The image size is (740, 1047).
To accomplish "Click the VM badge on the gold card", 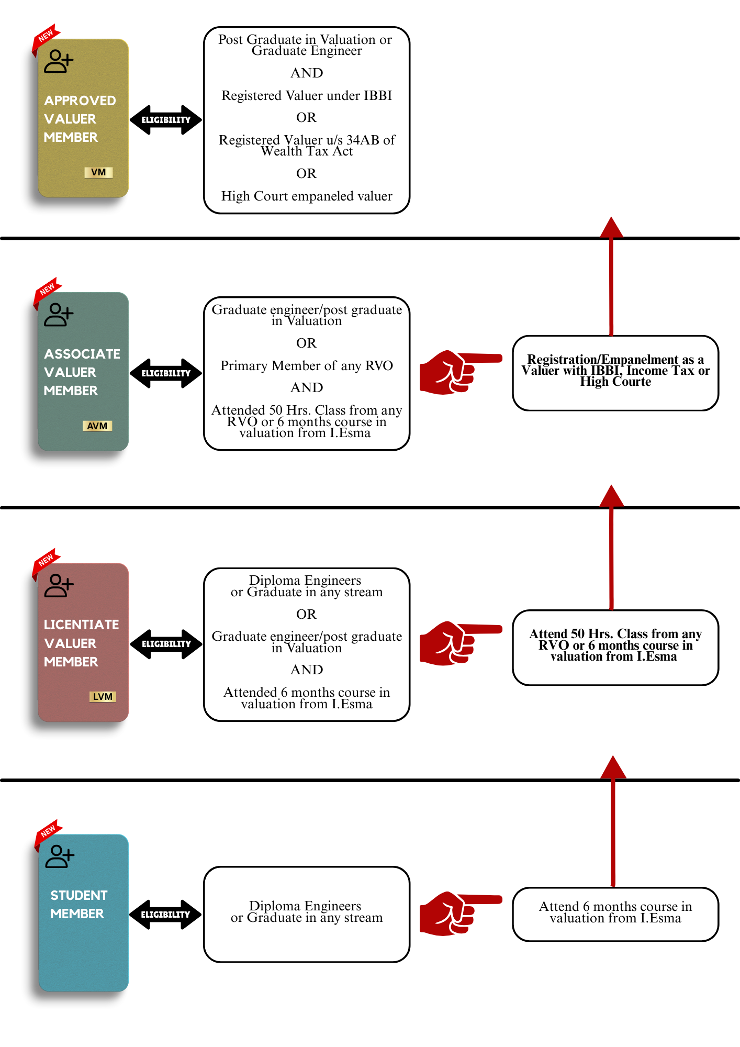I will (x=98, y=172).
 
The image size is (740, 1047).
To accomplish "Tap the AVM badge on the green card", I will (x=97, y=426).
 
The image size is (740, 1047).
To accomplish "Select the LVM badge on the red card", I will (x=103, y=697).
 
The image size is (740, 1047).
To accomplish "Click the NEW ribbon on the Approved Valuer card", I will (x=46, y=36).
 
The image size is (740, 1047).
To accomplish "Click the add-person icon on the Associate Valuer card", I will (x=59, y=315).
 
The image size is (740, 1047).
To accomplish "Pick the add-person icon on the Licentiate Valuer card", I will (x=59, y=586).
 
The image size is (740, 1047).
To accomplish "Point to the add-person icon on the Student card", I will (x=60, y=856).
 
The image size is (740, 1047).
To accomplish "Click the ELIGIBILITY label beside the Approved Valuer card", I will (x=166, y=120).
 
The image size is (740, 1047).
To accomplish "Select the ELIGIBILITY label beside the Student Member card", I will (x=165, y=915).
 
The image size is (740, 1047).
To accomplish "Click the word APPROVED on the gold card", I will (x=80, y=101).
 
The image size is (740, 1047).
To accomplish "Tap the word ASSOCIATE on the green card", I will (x=82, y=354).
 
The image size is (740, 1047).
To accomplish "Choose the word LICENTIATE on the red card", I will (x=82, y=625).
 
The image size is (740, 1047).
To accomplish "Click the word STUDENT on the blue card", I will (x=79, y=895).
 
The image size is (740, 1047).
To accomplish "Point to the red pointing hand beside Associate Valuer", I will (x=455, y=372).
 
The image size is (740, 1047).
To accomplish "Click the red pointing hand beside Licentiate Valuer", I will (x=455, y=643).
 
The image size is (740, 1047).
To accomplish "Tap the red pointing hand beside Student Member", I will (x=455, y=914).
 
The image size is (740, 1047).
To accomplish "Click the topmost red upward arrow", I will (x=611, y=275).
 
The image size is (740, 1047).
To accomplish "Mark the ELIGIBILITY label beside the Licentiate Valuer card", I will (x=166, y=644).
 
